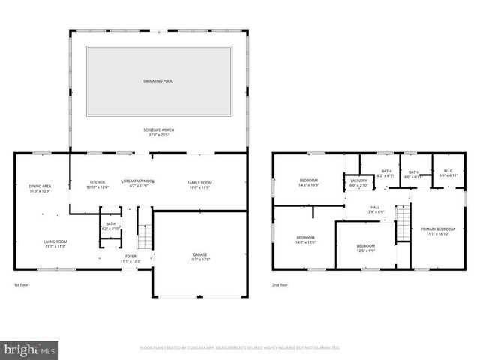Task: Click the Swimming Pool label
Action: pyautogui.click(x=157, y=80)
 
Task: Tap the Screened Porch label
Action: pyautogui.click(x=157, y=133)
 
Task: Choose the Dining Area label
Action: pyautogui.click(x=40, y=188)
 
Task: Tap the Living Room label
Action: pyautogui.click(x=55, y=244)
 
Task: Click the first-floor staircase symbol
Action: pyautogui.click(x=145, y=238)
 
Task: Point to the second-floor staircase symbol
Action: pyautogui.click(x=403, y=223)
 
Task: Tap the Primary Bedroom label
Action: pyautogui.click(x=437, y=231)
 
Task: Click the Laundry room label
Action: pyautogui.click(x=358, y=182)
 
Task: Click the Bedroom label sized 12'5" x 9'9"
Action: pyautogui.click(x=365, y=248)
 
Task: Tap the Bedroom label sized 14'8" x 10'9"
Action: pyautogui.click(x=309, y=182)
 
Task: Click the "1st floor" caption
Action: pyautogui.click(x=21, y=285)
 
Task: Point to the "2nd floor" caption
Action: pyautogui.click(x=280, y=285)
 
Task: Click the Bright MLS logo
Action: pyautogui.click(x=30, y=349)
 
